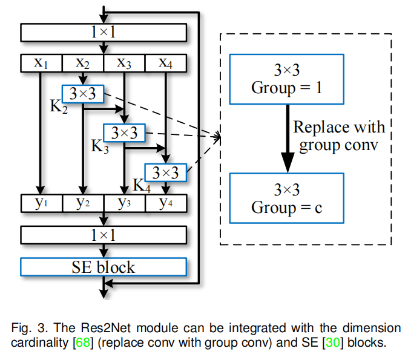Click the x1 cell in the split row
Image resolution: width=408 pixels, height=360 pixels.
pyautogui.click(x=41, y=63)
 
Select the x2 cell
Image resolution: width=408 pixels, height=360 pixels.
pyautogui.click(x=83, y=63)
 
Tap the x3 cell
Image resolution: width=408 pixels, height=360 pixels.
pyautogui.click(x=125, y=63)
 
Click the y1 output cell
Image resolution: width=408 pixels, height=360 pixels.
pyautogui.click(x=41, y=203)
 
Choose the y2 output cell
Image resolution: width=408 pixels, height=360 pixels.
pyautogui.click(x=83, y=203)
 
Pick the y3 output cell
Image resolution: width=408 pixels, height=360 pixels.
pyautogui.click(x=125, y=203)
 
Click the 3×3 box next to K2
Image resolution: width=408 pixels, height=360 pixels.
pyautogui.click(x=83, y=94)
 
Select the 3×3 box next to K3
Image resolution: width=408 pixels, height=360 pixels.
pyautogui.click(x=125, y=133)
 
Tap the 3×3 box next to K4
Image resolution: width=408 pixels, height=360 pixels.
pyautogui.click(x=165, y=172)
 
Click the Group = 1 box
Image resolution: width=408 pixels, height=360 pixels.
pyautogui.click(x=287, y=79)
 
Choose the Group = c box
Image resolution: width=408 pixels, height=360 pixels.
pyautogui.click(x=287, y=198)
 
